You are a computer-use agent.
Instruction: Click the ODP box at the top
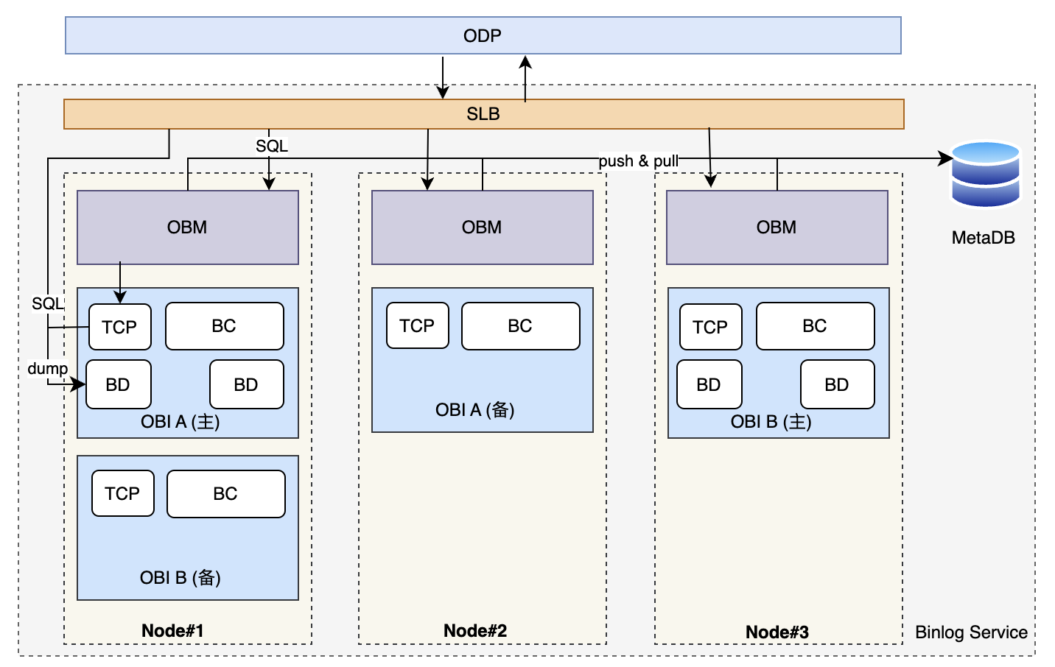pyautogui.click(x=483, y=35)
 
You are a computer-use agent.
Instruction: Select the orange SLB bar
pyautogui.click(x=484, y=114)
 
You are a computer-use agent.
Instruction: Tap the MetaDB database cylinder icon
pyautogui.click(x=985, y=174)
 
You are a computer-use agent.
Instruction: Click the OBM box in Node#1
pyautogui.click(x=187, y=227)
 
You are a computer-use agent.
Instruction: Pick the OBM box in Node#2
pyautogui.click(x=483, y=227)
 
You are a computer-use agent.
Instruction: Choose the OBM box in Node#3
pyautogui.click(x=777, y=227)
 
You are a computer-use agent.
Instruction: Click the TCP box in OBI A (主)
pyautogui.click(x=119, y=327)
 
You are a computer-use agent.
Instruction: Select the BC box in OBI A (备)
pyautogui.click(x=520, y=325)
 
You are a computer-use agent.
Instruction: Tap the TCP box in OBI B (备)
pyautogui.click(x=122, y=493)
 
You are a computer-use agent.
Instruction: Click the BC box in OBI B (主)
pyautogui.click(x=816, y=325)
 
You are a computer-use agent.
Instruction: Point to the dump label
pyautogui.click(x=47, y=368)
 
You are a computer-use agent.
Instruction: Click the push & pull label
pyautogui.click(x=638, y=161)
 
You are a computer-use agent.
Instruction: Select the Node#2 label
pyautogui.click(x=475, y=631)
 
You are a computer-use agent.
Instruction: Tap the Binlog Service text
pyautogui.click(x=971, y=632)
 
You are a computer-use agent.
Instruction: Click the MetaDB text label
pyautogui.click(x=984, y=238)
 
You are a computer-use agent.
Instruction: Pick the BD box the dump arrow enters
pyautogui.click(x=118, y=384)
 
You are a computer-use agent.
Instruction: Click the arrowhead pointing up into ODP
pyautogui.click(x=525, y=63)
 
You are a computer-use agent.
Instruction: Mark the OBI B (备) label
pyautogui.click(x=180, y=578)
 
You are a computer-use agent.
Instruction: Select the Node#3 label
pyautogui.click(x=777, y=632)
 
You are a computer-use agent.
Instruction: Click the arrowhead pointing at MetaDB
pyautogui.click(x=944, y=158)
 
